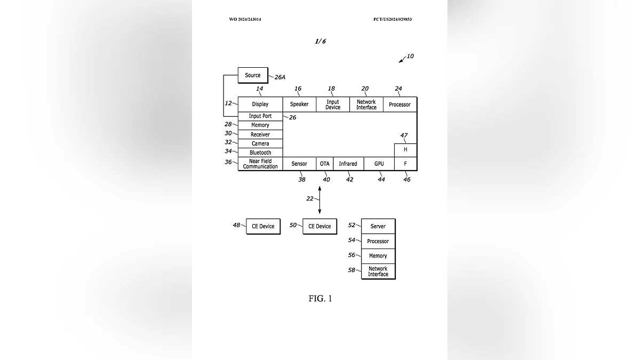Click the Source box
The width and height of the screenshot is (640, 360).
(x=253, y=75)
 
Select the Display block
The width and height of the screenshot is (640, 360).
(x=260, y=105)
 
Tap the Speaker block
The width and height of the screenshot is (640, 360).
(x=299, y=105)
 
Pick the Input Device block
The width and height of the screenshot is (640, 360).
(x=333, y=105)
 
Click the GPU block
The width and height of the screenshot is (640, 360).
(x=379, y=164)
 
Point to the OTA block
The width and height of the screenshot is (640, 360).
(x=325, y=164)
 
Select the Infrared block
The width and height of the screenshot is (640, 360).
(x=348, y=164)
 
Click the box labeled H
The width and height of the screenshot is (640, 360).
(x=405, y=150)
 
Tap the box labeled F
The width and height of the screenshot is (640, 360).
(x=405, y=164)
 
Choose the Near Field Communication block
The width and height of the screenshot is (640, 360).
(x=260, y=164)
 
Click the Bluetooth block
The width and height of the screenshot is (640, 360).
(x=260, y=153)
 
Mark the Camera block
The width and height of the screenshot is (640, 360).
(x=260, y=143)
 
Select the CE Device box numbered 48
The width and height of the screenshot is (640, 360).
(x=263, y=226)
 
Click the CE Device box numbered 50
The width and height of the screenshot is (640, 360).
(x=320, y=226)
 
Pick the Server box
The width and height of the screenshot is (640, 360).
(x=378, y=226)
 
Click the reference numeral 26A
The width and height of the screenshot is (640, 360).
(x=280, y=77)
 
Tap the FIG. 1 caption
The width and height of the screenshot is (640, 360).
(x=320, y=299)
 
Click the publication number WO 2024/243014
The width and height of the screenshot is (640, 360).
(x=245, y=19)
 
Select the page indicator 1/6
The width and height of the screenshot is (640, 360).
(x=320, y=41)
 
